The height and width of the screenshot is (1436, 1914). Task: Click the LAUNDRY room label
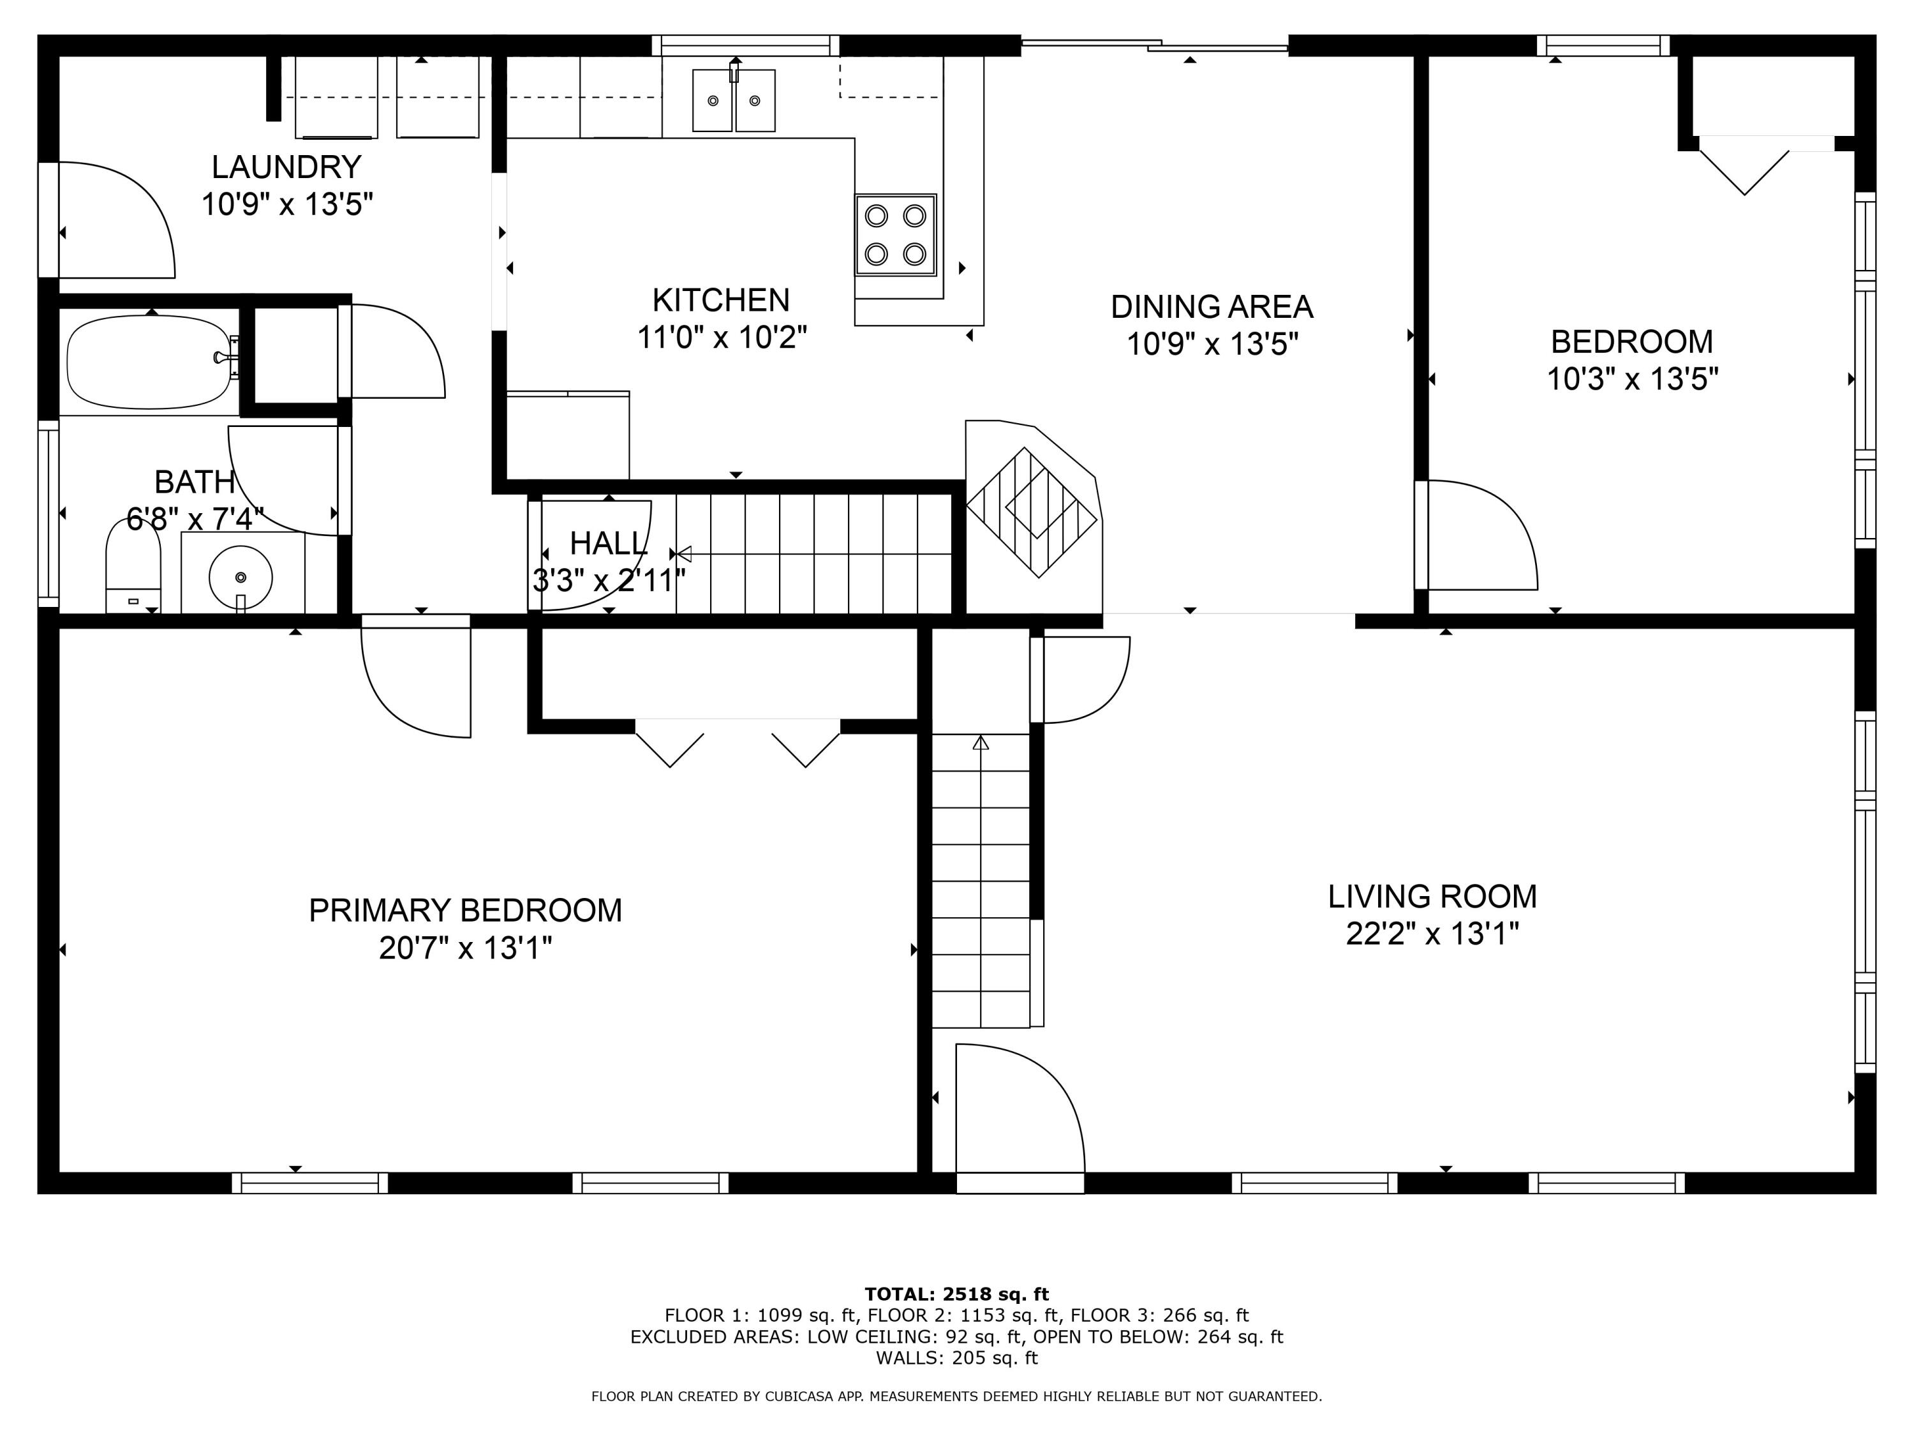286,166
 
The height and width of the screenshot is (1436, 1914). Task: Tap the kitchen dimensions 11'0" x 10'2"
722,338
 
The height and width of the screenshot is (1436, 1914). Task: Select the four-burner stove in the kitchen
896,235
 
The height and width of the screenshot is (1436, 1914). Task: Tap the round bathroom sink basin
241,576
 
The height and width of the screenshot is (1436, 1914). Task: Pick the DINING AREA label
1212,306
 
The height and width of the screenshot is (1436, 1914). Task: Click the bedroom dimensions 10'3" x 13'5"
1632,379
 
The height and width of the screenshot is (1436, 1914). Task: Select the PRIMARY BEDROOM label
466,911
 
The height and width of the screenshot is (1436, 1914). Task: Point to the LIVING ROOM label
1432,896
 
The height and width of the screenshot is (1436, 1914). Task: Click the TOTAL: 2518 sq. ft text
956,1294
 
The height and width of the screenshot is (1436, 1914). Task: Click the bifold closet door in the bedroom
1744,168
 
